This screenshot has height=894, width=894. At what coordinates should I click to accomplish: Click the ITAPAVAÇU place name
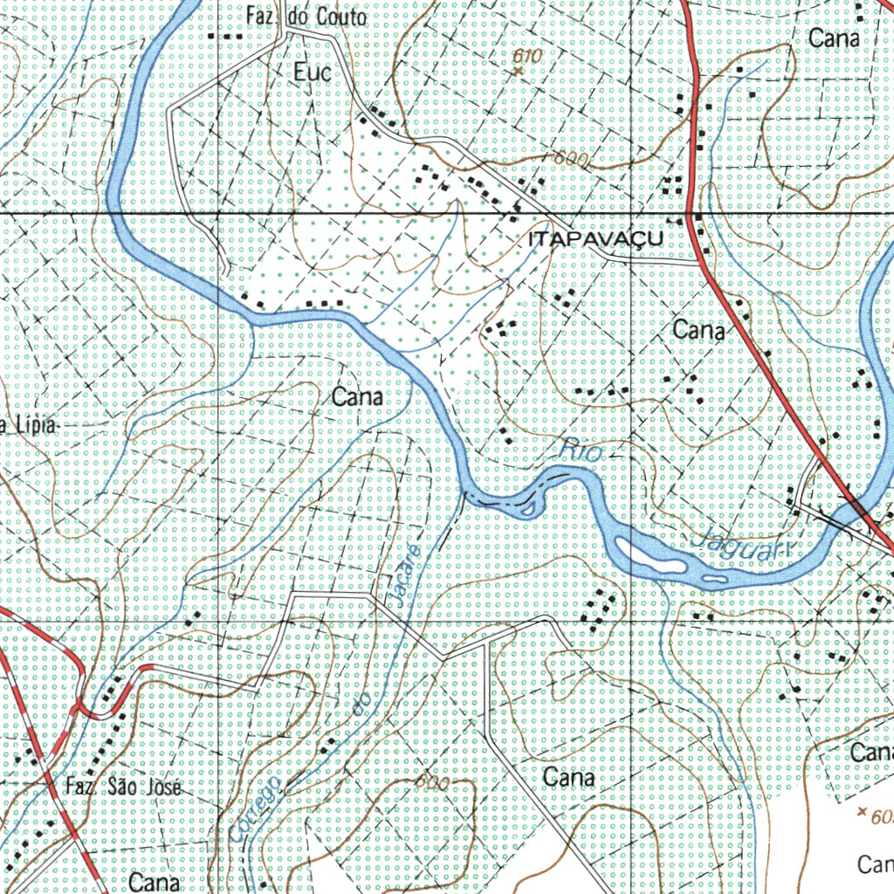click(x=595, y=239)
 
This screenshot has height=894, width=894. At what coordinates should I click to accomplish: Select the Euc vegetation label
click(x=313, y=72)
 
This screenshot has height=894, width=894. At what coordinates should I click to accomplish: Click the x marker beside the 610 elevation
click(x=518, y=71)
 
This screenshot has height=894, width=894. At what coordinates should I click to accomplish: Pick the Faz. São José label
click(x=123, y=787)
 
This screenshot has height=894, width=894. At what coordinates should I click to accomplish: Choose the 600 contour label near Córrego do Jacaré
click(x=431, y=783)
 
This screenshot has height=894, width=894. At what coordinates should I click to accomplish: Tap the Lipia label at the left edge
click(x=31, y=426)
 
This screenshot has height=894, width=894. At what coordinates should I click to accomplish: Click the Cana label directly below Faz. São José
click(x=154, y=882)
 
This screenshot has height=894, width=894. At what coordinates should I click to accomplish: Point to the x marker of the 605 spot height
click(x=863, y=812)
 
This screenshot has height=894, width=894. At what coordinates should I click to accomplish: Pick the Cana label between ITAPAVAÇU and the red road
click(x=698, y=330)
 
